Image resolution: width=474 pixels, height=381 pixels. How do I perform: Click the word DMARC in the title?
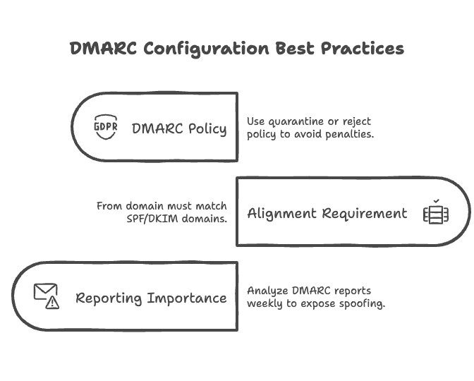coord(103,49)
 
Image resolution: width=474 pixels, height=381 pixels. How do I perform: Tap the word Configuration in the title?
coord(206,49)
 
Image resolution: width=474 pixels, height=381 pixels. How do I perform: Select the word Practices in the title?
coord(363,49)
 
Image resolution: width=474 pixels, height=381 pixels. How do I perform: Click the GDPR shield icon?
coord(106,127)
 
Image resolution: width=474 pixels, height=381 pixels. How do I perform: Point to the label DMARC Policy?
coord(179,129)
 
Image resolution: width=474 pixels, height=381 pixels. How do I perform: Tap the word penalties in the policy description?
coord(349,134)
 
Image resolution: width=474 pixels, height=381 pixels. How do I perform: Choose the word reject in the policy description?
coord(357,121)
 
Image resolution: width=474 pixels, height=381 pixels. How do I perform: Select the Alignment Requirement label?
coord(327,214)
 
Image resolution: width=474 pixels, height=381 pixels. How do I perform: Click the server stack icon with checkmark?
coord(436,212)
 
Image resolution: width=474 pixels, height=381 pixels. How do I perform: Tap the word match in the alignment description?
coord(211,206)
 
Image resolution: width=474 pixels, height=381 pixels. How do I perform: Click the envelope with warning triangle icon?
coord(47,296)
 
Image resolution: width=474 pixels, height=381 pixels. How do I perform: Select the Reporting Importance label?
coord(151,298)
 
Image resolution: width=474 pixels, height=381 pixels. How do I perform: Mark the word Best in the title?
coord(295,49)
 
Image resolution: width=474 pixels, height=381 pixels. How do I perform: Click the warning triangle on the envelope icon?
coord(52,303)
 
